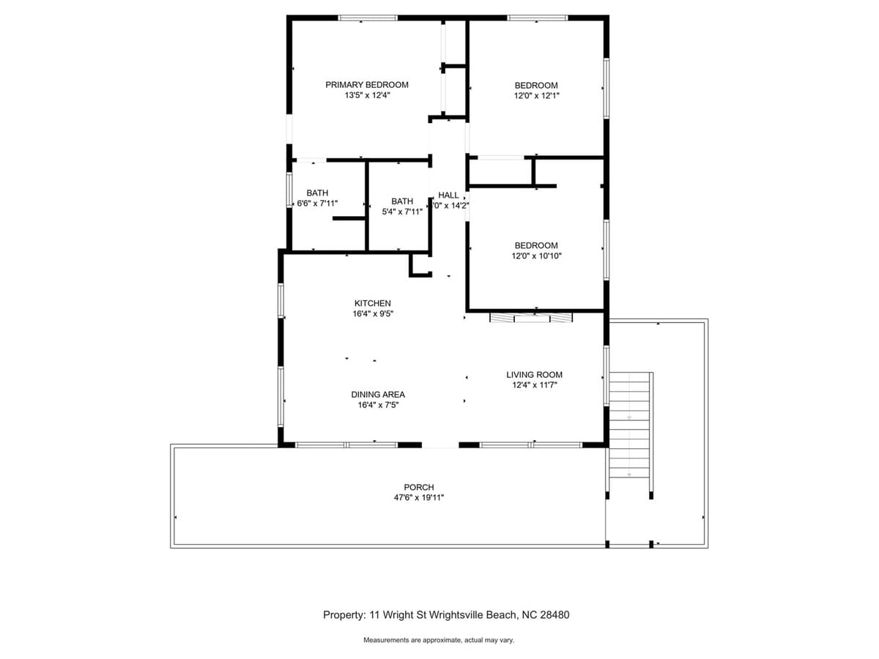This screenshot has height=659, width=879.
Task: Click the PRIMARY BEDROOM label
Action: [366, 85]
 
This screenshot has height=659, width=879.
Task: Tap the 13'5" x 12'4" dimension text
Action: [367, 95]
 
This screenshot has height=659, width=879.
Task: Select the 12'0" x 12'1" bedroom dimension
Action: [536, 96]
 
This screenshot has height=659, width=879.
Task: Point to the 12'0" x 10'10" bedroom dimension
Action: [536, 256]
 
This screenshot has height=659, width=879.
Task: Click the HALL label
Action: [448, 196]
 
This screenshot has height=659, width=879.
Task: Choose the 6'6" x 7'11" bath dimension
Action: [317, 204]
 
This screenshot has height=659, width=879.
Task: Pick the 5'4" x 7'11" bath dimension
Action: [402, 212]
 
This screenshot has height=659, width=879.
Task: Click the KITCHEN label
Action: [372, 303]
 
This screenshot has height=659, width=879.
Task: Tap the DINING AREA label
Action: [378, 395]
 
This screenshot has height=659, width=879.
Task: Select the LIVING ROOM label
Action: [534, 375]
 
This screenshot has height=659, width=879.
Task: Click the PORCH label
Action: [418, 488]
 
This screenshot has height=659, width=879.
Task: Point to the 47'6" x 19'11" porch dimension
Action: [418, 498]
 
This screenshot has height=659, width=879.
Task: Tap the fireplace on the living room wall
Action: [531, 318]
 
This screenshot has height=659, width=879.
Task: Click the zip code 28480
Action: [555, 615]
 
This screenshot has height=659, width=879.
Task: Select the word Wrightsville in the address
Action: [456, 615]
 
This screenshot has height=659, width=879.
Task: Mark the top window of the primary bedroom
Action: [368, 18]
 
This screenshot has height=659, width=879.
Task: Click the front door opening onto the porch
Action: [440, 445]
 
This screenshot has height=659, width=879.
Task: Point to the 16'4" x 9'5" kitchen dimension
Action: [373, 313]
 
